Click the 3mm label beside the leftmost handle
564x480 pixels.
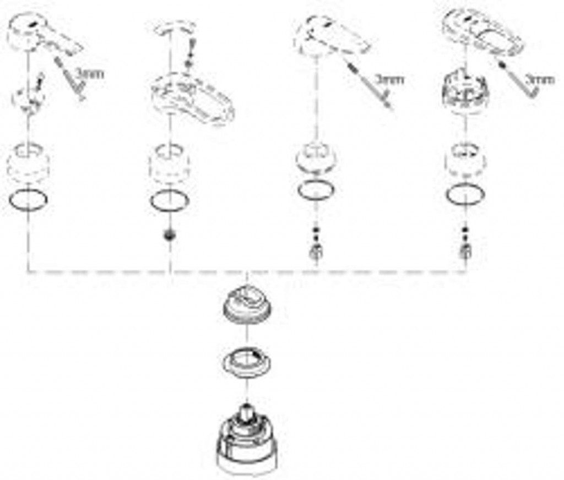91,74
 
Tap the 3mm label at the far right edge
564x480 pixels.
540,79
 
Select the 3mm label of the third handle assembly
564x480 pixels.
389,79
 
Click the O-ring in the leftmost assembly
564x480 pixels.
28,199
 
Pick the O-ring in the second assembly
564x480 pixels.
170,201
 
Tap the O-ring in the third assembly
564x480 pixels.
316,190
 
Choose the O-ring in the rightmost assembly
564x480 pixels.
465,194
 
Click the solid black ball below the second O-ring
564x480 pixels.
170,236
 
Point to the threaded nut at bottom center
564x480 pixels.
247,304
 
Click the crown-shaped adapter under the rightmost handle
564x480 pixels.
466,90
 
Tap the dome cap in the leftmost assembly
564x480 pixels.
28,162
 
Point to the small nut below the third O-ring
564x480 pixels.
316,252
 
